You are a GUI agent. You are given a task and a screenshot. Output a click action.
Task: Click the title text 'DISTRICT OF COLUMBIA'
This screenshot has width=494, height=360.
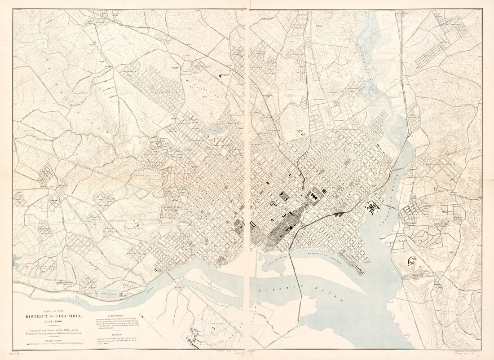click(x=53, y=316)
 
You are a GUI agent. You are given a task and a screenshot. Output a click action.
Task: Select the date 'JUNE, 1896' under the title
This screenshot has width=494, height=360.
click(x=53, y=322)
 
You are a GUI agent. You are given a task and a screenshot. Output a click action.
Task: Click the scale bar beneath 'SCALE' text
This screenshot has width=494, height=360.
click(x=53, y=344)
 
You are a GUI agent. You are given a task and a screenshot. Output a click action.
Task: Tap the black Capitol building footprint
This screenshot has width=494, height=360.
click(x=313, y=197)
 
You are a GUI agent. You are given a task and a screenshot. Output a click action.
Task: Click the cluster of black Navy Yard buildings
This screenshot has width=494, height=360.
click(x=372, y=207)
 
